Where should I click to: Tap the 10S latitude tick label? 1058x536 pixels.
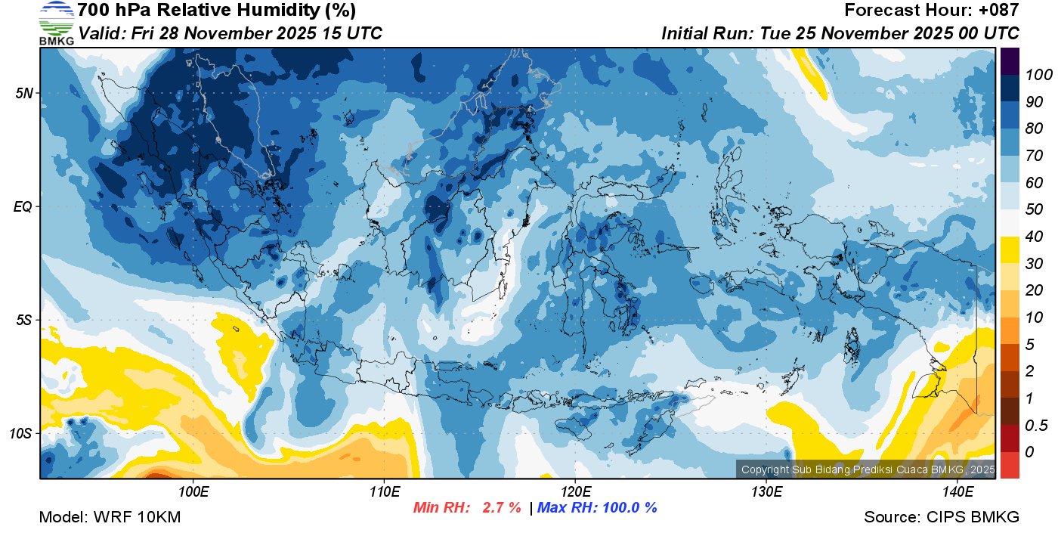[20, 434]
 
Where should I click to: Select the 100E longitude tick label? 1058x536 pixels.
[193, 492]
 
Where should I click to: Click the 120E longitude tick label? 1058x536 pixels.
[575, 492]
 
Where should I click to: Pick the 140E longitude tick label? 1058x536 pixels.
[957, 492]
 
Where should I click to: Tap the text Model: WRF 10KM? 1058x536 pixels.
[110, 518]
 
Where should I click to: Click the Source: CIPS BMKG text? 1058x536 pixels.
[942, 518]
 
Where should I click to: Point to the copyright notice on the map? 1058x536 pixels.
[868, 469]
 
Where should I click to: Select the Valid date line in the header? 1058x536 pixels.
[230, 33]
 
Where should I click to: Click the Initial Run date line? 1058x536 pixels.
[840, 33]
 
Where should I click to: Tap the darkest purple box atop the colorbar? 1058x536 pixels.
[1010, 59]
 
